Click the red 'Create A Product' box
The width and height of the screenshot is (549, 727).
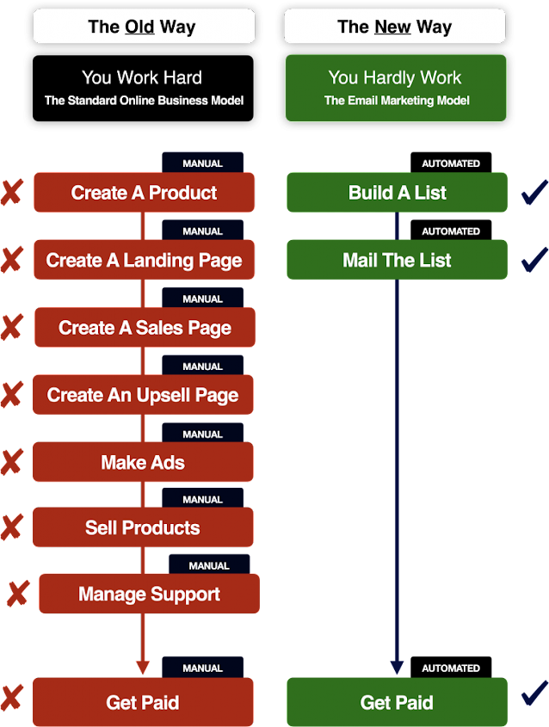(x=144, y=193)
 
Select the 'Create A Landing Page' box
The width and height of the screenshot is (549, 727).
(x=144, y=260)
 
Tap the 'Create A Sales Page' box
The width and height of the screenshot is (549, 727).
(x=145, y=328)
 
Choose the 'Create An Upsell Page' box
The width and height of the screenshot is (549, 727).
(x=143, y=395)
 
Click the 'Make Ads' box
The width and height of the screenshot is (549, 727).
(x=143, y=462)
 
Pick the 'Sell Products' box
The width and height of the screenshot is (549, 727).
(x=143, y=527)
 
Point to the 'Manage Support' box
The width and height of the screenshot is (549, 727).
(x=149, y=594)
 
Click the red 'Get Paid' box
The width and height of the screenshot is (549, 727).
(x=143, y=702)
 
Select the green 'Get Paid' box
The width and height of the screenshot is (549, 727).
(x=397, y=702)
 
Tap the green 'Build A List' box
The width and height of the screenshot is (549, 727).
(x=397, y=193)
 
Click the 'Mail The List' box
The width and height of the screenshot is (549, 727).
(x=397, y=260)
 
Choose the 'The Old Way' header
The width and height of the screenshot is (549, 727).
(x=144, y=27)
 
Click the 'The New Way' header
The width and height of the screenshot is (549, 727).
(x=395, y=27)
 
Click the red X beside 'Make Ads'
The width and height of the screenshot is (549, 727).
(x=11, y=462)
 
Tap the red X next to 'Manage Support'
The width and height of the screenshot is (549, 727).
(x=17, y=593)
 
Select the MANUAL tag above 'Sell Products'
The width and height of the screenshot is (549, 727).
(x=202, y=499)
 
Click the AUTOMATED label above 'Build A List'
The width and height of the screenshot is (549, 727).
(x=451, y=163)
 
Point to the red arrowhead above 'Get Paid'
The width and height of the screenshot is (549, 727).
(x=144, y=667)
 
